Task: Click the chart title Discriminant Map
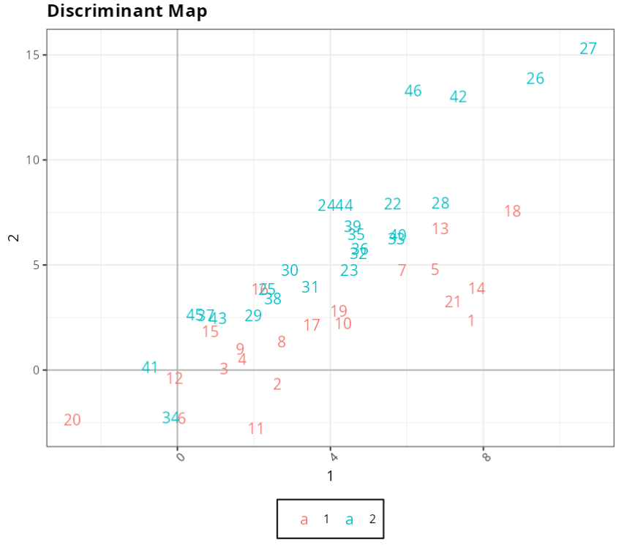pos(127,11)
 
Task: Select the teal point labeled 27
pos(588,49)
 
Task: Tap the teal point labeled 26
pos(536,79)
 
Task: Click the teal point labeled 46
pos(413,91)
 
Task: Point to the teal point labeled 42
pos(458,97)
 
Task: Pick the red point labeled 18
pos(512,211)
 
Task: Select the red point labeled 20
pos(72,421)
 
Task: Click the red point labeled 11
pos(255,429)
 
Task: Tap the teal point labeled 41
pos(150,368)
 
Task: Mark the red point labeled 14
pos(477,289)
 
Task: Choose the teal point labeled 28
pos(440,204)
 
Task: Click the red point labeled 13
pos(440,229)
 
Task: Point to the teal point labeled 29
pos(253,316)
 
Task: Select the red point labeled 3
pos(224,369)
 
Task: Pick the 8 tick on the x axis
pos(485,458)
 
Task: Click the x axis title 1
pos(330,476)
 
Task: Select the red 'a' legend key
pos(304,520)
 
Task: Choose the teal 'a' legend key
pos(350,520)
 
